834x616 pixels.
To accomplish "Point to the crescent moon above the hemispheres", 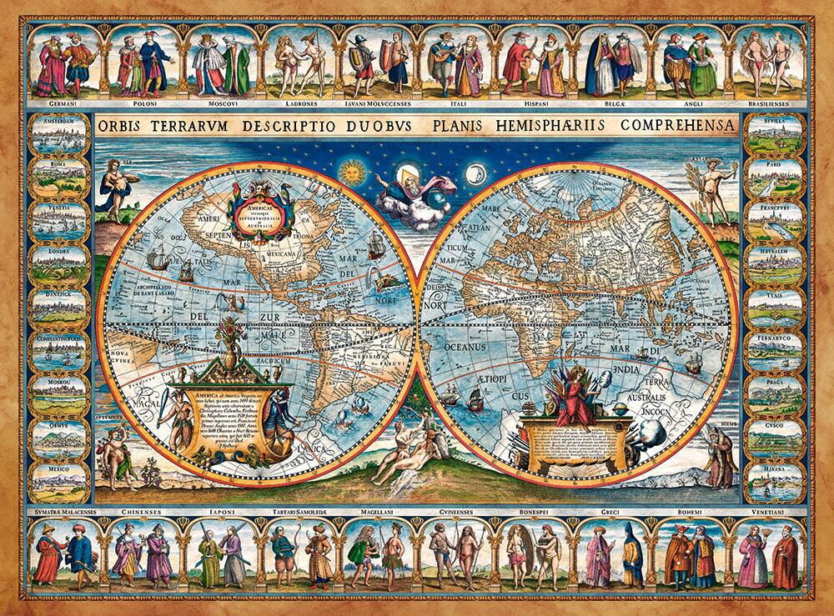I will click(476, 173).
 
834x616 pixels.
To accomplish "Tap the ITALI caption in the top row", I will click(455, 106).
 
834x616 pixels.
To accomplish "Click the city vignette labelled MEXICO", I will click(59, 482).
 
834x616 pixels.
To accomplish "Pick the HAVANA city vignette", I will click(775, 482).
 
